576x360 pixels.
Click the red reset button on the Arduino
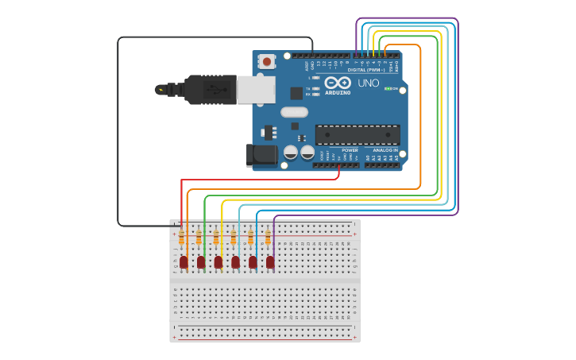coord(267,61)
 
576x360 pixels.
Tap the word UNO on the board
coord(368,83)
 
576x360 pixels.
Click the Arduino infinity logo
coord(337,83)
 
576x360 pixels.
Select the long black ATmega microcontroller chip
coord(357,135)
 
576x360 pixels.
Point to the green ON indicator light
coord(387,89)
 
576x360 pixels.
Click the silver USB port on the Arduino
coord(256,90)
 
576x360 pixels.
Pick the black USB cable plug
coord(210,90)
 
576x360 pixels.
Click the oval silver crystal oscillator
coord(294,112)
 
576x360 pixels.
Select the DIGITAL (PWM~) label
coord(366,69)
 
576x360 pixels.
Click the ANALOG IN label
coord(385,150)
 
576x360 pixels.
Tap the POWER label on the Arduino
coord(350,150)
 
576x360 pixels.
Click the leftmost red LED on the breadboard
coord(184,261)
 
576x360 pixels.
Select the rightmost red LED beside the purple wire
coord(270,261)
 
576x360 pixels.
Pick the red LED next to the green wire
coord(201,261)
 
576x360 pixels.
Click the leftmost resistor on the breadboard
coord(181,238)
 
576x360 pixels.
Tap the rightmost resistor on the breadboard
coord(268,238)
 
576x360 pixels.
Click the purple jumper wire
coord(458,119)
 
